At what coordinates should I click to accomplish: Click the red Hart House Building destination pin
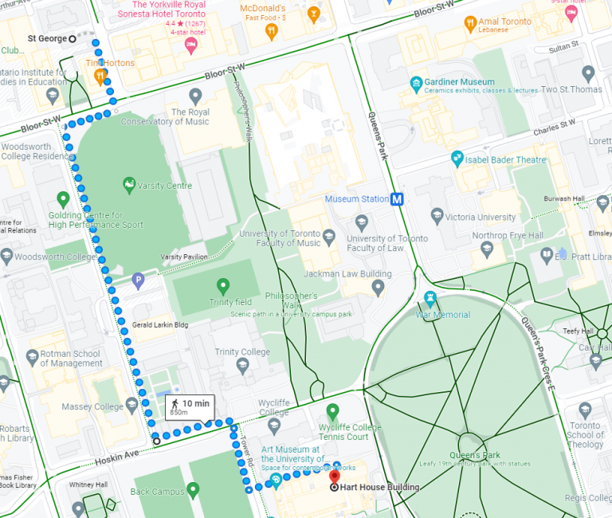pyautogui.click(x=334, y=479)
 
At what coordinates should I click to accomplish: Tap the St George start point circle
pyautogui.click(x=73, y=38)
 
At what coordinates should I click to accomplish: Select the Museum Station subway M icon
pyautogui.click(x=396, y=199)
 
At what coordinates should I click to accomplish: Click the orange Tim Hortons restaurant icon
pyautogui.click(x=101, y=77)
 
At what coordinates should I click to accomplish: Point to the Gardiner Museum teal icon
pyautogui.click(x=415, y=83)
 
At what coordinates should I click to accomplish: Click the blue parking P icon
pyautogui.click(x=138, y=280)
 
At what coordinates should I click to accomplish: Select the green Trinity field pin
pyautogui.click(x=222, y=285)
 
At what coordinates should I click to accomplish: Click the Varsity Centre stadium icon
pyautogui.click(x=128, y=185)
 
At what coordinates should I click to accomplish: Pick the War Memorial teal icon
pyautogui.click(x=431, y=300)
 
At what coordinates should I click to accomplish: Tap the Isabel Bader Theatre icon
pyautogui.click(x=457, y=159)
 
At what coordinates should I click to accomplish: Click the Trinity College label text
pyautogui.click(x=242, y=352)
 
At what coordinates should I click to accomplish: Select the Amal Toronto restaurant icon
pyautogui.click(x=470, y=24)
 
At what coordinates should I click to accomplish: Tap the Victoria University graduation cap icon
pyautogui.click(x=437, y=216)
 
